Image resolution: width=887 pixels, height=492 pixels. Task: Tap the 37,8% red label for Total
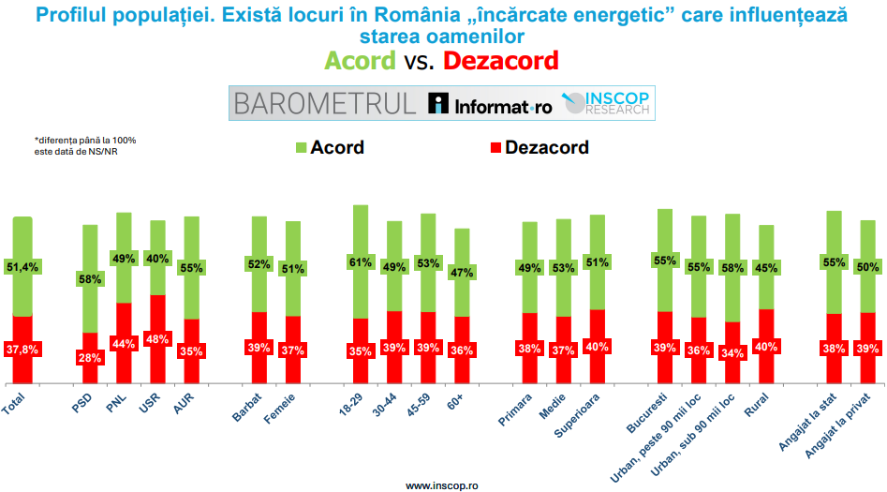click(x=22, y=350)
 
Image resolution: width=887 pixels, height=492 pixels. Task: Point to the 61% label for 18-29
click(x=360, y=261)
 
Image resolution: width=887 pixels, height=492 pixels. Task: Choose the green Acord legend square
click(x=301, y=148)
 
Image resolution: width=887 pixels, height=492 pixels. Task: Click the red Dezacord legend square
click(x=495, y=148)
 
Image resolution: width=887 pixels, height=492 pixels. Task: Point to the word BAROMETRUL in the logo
click(x=325, y=104)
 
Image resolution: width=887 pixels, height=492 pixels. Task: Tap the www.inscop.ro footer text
click(x=442, y=485)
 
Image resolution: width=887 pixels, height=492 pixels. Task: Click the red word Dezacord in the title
click(x=500, y=61)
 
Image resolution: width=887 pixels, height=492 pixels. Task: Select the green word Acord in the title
click(x=361, y=61)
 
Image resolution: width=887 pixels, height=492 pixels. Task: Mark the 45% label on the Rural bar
click(x=766, y=267)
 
